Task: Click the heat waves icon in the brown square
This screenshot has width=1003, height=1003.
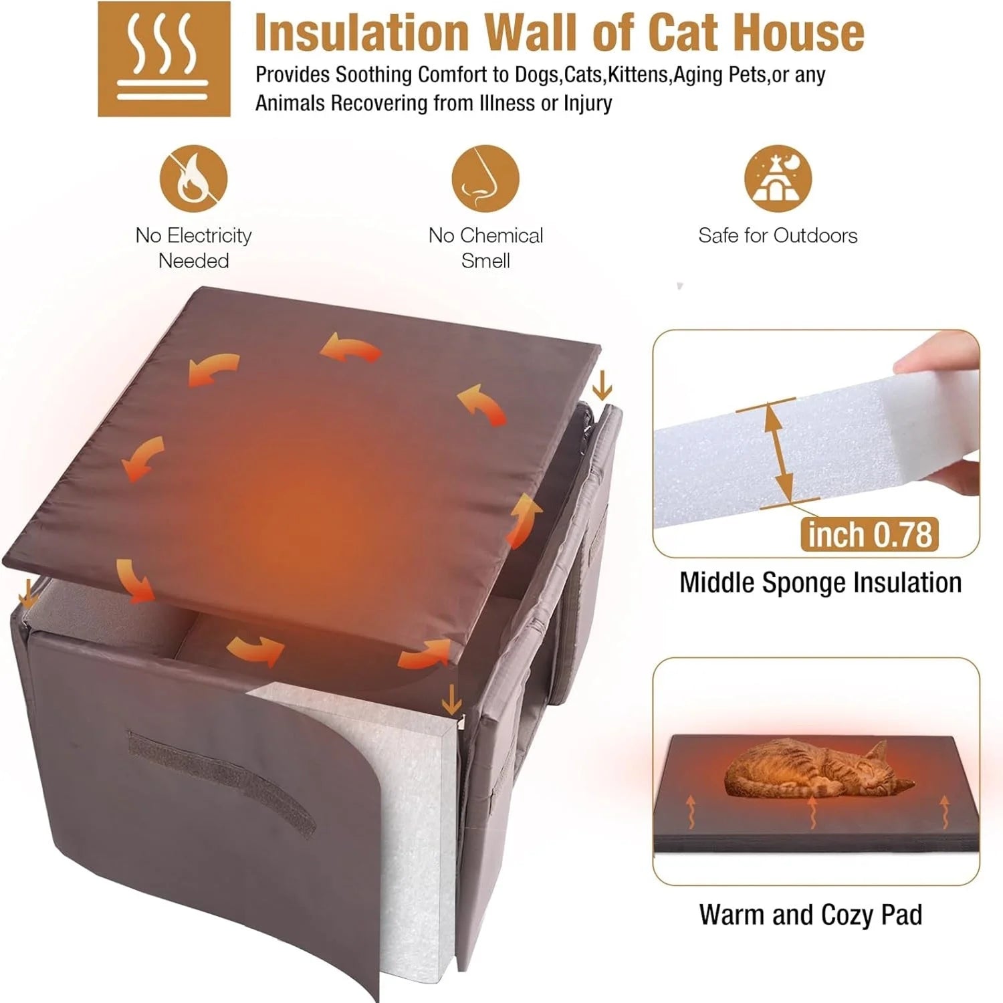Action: pyautogui.click(x=164, y=58)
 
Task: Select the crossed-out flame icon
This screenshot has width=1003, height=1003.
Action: pyautogui.click(x=193, y=179)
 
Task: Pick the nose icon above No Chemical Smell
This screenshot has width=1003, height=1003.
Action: pyautogui.click(x=485, y=179)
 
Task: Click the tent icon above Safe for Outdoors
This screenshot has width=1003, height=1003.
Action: pyautogui.click(x=778, y=179)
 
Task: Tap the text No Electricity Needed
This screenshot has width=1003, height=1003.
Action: pyautogui.click(x=193, y=247)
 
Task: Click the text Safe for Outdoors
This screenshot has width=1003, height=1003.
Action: pyautogui.click(x=778, y=235)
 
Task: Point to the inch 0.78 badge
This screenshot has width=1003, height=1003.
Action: pyautogui.click(x=869, y=535)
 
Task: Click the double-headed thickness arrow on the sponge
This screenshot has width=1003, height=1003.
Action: pyautogui.click(x=776, y=451)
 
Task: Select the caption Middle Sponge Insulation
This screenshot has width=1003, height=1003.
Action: pyautogui.click(x=820, y=582)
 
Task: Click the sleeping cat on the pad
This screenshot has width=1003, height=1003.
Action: pyautogui.click(x=816, y=769)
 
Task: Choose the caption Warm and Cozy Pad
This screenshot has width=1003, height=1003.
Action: pyautogui.click(x=810, y=914)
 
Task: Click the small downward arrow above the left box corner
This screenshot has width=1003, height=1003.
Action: pyautogui.click(x=27, y=592)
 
